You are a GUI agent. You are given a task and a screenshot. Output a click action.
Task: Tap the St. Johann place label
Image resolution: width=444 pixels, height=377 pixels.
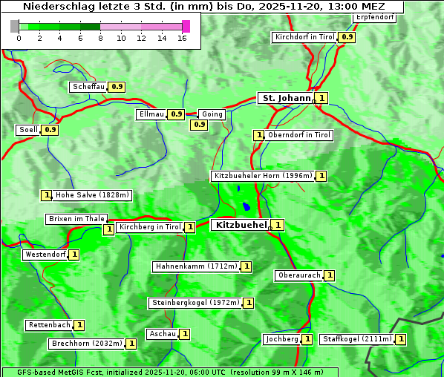click(285, 98)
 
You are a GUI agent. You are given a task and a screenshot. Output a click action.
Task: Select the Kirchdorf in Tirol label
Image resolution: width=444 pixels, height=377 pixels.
click(305, 37)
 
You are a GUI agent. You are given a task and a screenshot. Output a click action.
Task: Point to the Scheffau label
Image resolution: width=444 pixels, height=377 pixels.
click(88, 87)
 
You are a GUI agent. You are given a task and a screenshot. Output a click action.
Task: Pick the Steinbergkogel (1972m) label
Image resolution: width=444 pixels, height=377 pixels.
click(195, 303)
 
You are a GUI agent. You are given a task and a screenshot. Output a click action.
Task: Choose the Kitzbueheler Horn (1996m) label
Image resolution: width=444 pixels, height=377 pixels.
click(263, 176)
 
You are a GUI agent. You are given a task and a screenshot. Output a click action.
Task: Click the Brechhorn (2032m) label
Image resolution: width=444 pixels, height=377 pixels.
click(87, 344)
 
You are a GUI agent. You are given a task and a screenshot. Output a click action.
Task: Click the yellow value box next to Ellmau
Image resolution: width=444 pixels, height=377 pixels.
click(175, 114)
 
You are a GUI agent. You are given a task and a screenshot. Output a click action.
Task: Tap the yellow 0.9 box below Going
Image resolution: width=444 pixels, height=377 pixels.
click(199, 125)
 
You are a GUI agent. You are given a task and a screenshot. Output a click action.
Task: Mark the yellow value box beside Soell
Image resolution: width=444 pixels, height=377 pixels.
click(50, 130)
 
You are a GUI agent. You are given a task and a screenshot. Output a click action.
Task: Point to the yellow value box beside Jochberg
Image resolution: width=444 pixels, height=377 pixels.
click(307, 339)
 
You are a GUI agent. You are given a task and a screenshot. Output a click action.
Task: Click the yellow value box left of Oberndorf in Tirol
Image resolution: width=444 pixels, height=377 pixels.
click(259, 135)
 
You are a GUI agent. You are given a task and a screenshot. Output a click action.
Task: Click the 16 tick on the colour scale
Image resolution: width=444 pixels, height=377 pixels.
click(182, 38)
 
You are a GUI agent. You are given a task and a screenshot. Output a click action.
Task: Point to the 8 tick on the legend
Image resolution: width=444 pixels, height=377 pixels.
click(100, 38)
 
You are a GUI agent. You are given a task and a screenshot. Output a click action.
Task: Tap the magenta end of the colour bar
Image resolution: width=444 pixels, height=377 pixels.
click(186, 26)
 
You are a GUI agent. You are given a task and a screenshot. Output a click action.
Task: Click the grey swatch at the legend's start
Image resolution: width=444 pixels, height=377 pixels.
click(15, 26)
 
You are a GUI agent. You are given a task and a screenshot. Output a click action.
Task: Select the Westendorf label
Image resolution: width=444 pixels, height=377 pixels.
click(45, 255)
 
